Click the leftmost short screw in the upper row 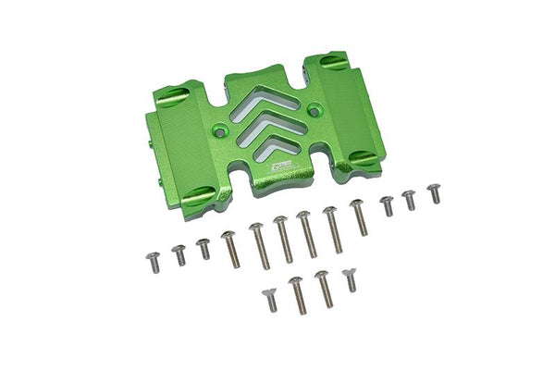154,260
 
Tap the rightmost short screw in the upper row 434,192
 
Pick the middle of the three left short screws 179,253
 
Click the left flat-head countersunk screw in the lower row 270,299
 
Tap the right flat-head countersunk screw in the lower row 350,279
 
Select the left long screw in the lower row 297,294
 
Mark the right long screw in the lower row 324,288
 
